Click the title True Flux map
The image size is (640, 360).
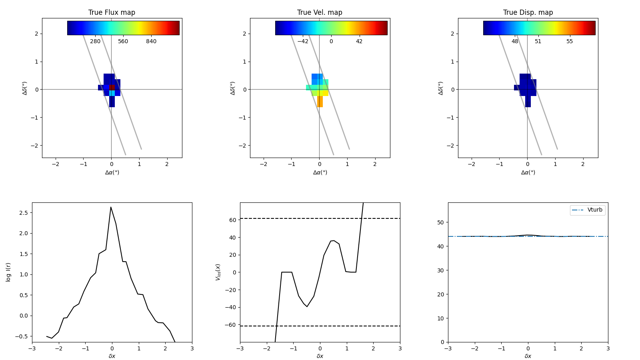pyautogui.click(x=112, y=12)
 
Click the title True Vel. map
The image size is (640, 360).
pyautogui.click(x=320, y=12)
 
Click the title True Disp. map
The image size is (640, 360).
pyautogui.click(x=528, y=12)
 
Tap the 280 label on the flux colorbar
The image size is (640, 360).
pyautogui.click(x=95, y=42)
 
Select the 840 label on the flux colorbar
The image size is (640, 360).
pyautogui.click(x=151, y=42)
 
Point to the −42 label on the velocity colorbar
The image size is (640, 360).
pyautogui.click(x=303, y=42)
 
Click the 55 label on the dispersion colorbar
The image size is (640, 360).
pyautogui.click(x=570, y=42)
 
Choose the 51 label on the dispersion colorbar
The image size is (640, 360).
pyautogui.click(x=538, y=42)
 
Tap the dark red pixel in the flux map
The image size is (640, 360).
pyautogui.click(x=112, y=87)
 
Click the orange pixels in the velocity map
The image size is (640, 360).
pyautogui.click(x=320, y=101)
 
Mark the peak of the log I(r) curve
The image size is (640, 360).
pyautogui.click(x=111, y=207)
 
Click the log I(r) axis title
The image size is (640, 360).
pyautogui.click(x=8, y=272)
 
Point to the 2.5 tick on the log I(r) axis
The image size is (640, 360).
pyautogui.click(x=24, y=213)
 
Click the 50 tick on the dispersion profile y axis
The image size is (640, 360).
pyautogui.click(x=440, y=222)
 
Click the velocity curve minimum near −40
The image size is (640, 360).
pyautogui.click(x=307, y=306)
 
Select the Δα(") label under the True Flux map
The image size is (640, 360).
pyautogui.click(x=112, y=172)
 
